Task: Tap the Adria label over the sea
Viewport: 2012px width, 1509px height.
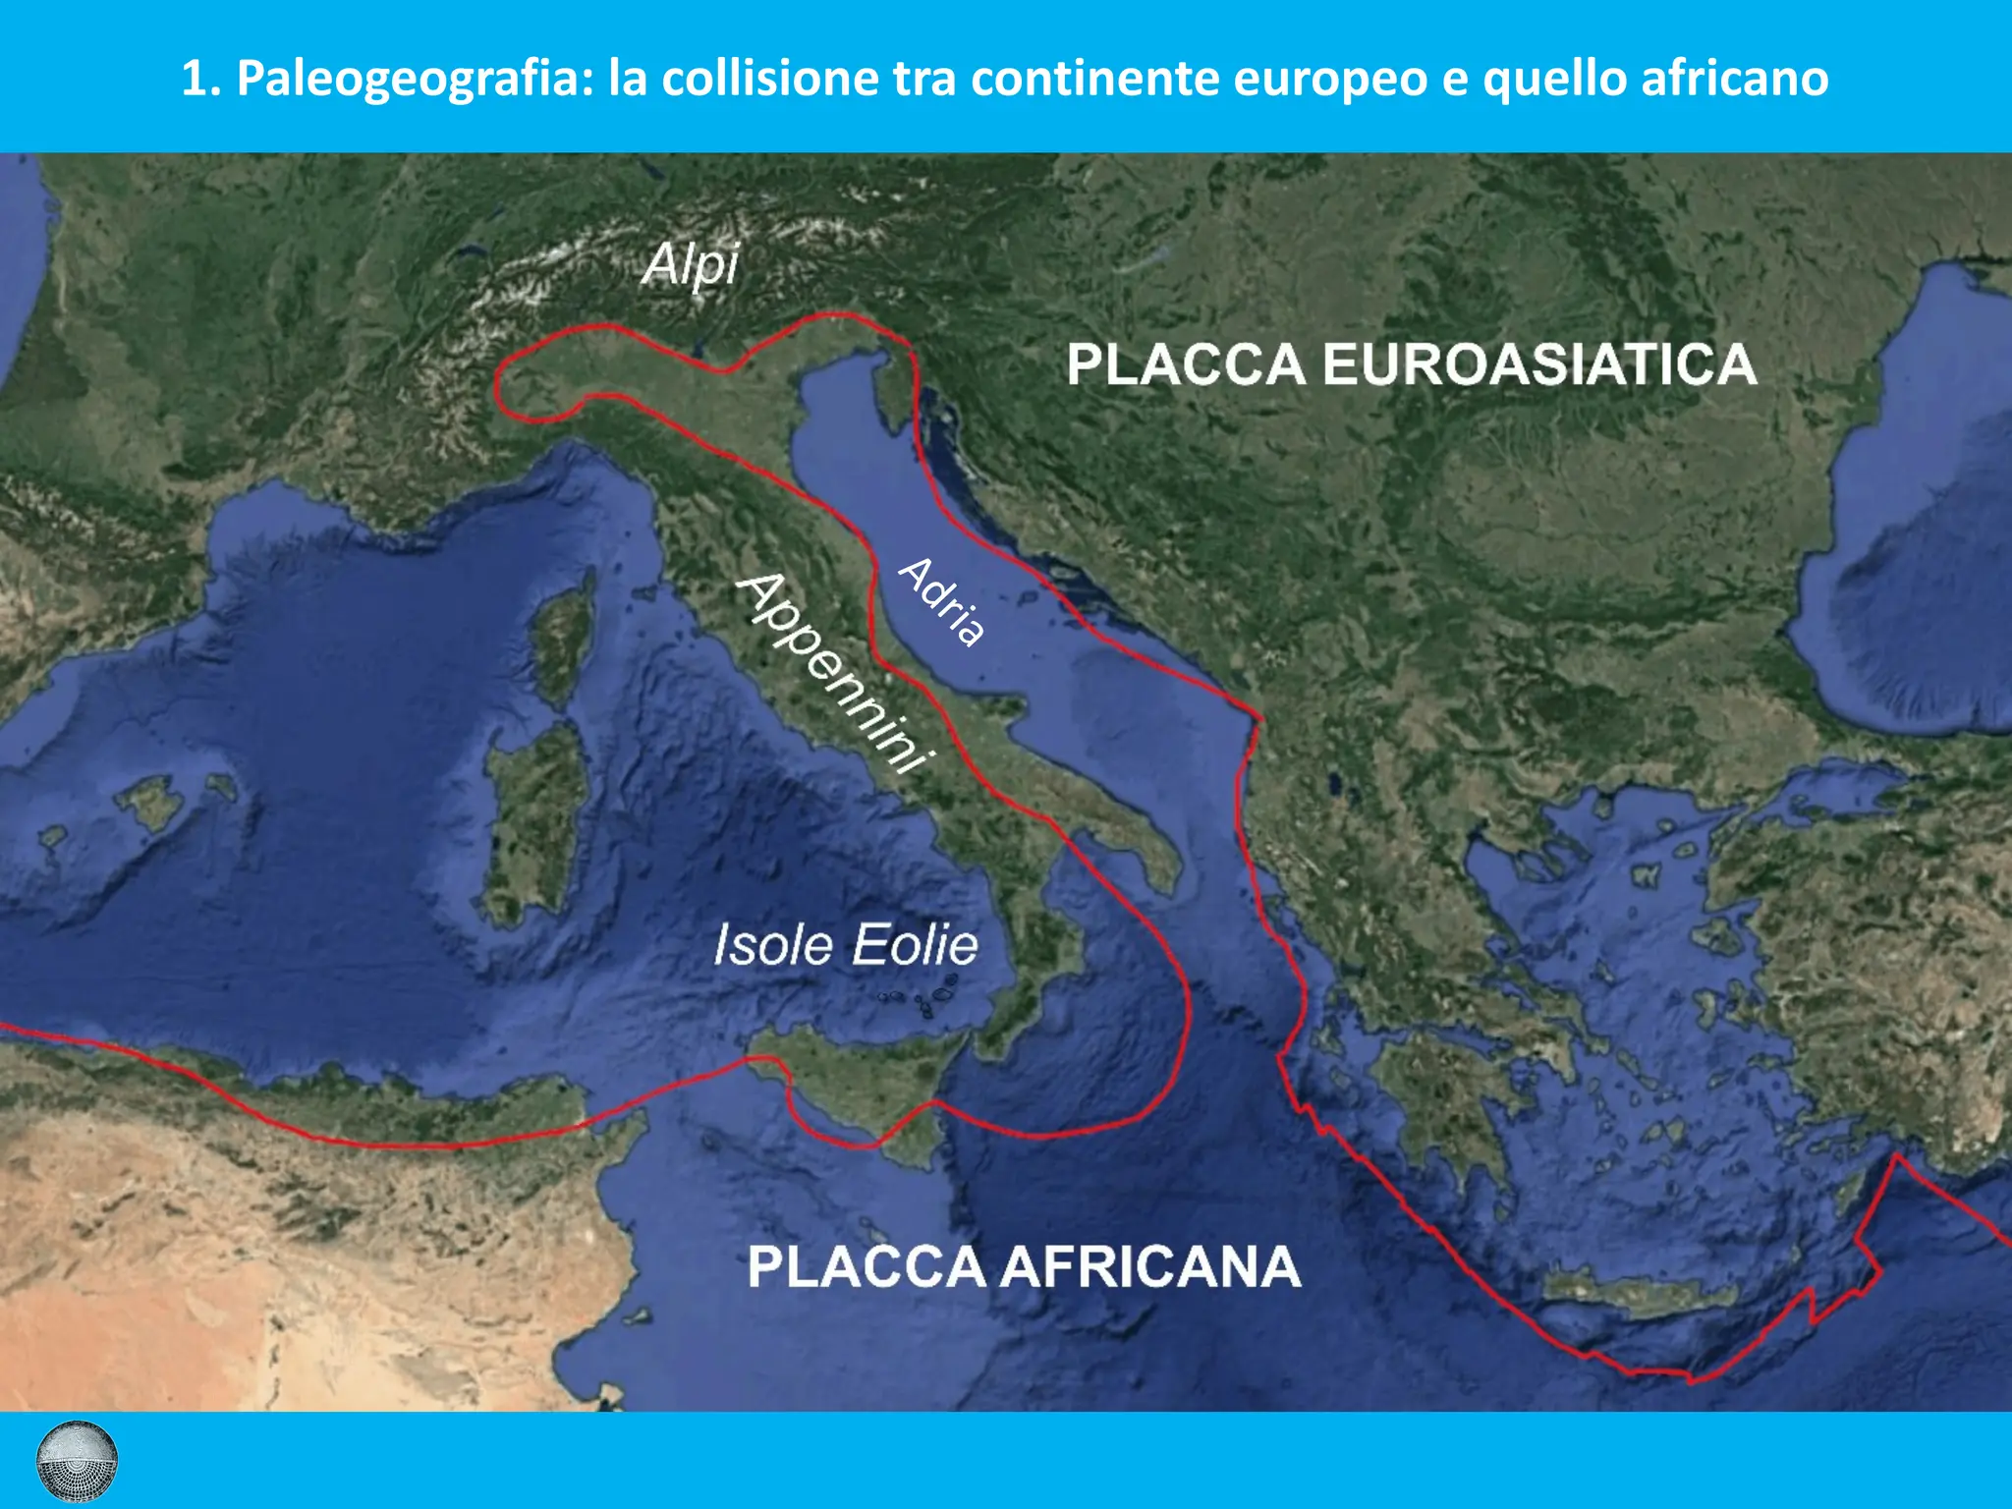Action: pos(942,601)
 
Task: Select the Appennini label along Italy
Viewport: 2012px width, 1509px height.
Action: pos(834,674)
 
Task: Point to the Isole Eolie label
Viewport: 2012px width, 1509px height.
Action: pos(845,945)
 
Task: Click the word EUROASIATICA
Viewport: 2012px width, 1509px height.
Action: pos(1538,364)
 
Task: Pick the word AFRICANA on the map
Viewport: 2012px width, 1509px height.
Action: pos(1150,1266)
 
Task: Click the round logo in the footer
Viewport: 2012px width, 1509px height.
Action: pos(77,1461)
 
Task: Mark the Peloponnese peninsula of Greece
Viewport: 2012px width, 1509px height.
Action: pos(1444,1090)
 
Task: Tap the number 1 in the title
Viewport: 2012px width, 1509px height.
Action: pos(196,79)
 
